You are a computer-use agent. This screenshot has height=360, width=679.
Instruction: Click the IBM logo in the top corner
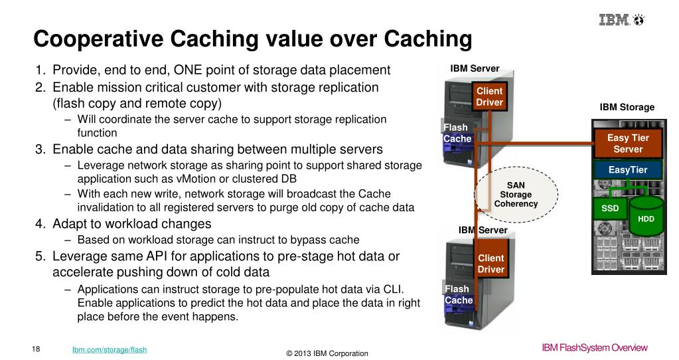click(x=622, y=19)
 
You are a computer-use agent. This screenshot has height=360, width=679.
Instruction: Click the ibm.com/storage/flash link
click(x=110, y=349)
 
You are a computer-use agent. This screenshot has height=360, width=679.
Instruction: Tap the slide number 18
click(x=36, y=349)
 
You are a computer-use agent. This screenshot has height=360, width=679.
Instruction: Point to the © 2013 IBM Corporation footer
click(x=327, y=353)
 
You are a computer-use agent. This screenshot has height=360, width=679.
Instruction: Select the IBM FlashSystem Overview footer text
click(x=595, y=347)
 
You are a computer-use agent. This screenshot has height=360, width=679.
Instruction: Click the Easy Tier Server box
click(x=628, y=143)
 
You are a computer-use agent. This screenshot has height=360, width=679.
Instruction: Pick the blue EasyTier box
click(x=628, y=170)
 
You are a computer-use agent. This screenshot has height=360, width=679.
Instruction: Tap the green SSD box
click(x=610, y=209)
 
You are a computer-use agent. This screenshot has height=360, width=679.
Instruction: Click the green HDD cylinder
click(x=646, y=216)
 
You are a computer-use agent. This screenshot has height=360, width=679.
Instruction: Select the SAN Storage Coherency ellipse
click(x=516, y=195)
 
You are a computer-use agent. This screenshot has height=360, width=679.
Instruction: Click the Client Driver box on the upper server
click(x=489, y=96)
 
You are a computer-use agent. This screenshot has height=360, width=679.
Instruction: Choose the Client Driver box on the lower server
click(x=490, y=264)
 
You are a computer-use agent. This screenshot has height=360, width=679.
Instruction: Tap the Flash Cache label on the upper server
click(x=457, y=133)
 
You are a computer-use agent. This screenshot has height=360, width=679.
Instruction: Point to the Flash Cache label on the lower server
click(x=458, y=295)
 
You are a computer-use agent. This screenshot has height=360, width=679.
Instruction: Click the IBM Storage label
click(x=627, y=107)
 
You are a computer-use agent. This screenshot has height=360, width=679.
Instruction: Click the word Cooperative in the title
click(x=98, y=39)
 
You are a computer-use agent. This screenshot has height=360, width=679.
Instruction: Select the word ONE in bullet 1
click(x=188, y=70)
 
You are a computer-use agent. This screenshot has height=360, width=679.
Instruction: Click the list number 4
click(x=40, y=224)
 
